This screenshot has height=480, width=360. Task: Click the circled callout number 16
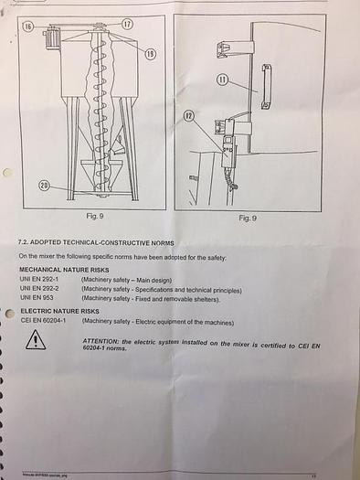[28, 28]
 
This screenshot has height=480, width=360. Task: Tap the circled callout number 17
[126, 23]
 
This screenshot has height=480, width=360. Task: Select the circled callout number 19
[149, 54]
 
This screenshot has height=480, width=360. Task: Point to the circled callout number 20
[44, 186]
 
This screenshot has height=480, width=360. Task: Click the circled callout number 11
[222, 80]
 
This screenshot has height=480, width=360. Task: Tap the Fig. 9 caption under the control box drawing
[247, 219]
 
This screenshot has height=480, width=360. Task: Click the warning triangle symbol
[35, 341]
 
